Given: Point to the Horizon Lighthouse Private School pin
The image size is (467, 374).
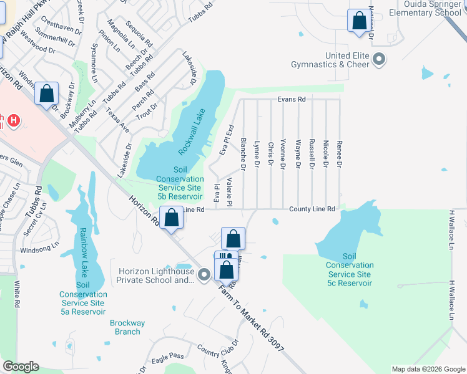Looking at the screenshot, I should click(204, 275).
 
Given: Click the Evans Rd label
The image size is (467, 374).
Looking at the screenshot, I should click(292, 99).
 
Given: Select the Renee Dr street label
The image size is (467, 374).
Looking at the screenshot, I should click(339, 153).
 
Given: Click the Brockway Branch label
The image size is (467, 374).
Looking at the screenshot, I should click(127, 327).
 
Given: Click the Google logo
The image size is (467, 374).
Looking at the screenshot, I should click(21, 367).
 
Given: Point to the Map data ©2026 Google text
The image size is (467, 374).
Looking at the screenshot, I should click(428, 369).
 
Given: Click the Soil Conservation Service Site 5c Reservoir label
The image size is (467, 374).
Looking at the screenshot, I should click(349, 269).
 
